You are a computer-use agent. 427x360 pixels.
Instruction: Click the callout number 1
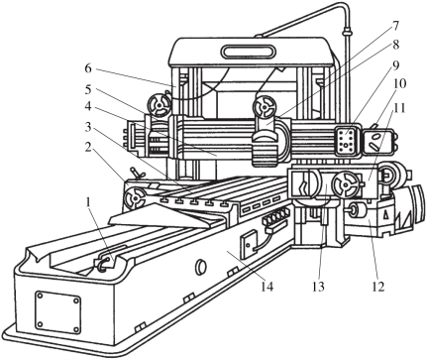pyautogui.click(x=88, y=202)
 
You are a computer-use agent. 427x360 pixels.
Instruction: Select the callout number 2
pyautogui.click(x=87, y=148)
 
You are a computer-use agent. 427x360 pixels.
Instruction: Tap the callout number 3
pyautogui.click(x=87, y=127)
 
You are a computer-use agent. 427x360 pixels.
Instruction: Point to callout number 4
pyautogui.click(x=87, y=106)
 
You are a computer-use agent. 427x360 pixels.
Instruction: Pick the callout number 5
pyautogui.click(x=87, y=90)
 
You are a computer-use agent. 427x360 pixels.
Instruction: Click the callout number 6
pyautogui.click(x=87, y=68)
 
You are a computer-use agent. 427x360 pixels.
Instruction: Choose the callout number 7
pyautogui.click(x=395, y=26)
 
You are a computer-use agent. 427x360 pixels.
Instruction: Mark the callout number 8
pyautogui.click(x=395, y=45)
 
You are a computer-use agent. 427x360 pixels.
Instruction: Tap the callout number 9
pyautogui.click(x=395, y=65)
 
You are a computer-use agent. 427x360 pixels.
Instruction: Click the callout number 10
pyautogui.click(x=399, y=83)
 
